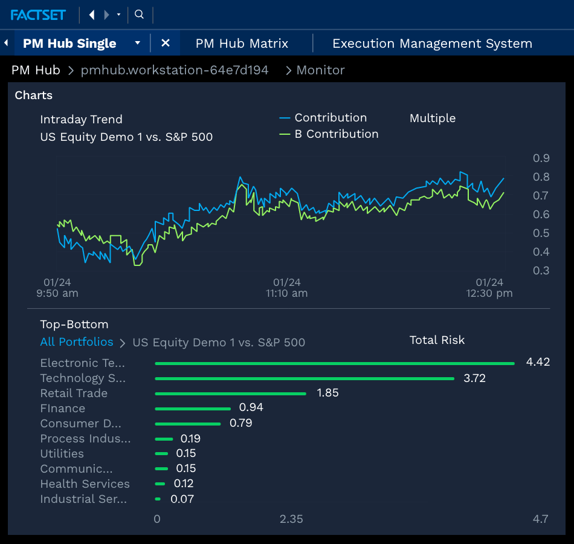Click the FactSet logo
38,15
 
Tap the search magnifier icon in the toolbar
139,15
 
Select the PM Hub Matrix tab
242,44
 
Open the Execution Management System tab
432,44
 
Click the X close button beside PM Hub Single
166,44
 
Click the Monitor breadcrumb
320,70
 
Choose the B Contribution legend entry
336,134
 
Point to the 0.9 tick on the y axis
541,158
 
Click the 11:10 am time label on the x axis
286,288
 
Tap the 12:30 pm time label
489,288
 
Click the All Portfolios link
77,342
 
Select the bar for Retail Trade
230,393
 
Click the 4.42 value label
538,363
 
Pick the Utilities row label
62,454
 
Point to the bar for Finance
193,409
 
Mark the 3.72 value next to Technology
474,378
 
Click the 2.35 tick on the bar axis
291,519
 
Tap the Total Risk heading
437,340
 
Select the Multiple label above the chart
432,118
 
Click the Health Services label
85,484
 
